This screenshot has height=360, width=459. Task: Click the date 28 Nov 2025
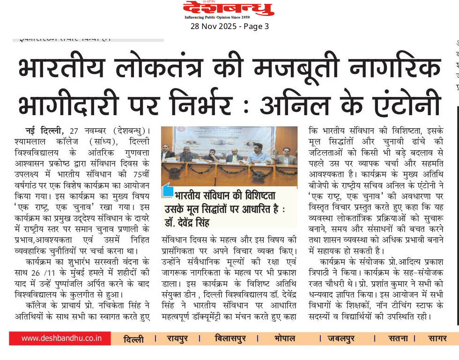(x=213, y=27)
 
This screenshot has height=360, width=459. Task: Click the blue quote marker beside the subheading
(x=167, y=191)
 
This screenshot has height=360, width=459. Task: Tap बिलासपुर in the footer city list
(x=230, y=338)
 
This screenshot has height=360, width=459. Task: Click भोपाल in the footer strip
(x=285, y=338)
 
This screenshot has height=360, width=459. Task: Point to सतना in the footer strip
(x=398, y=338)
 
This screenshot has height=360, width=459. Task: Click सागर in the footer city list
(x=437, y=338)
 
